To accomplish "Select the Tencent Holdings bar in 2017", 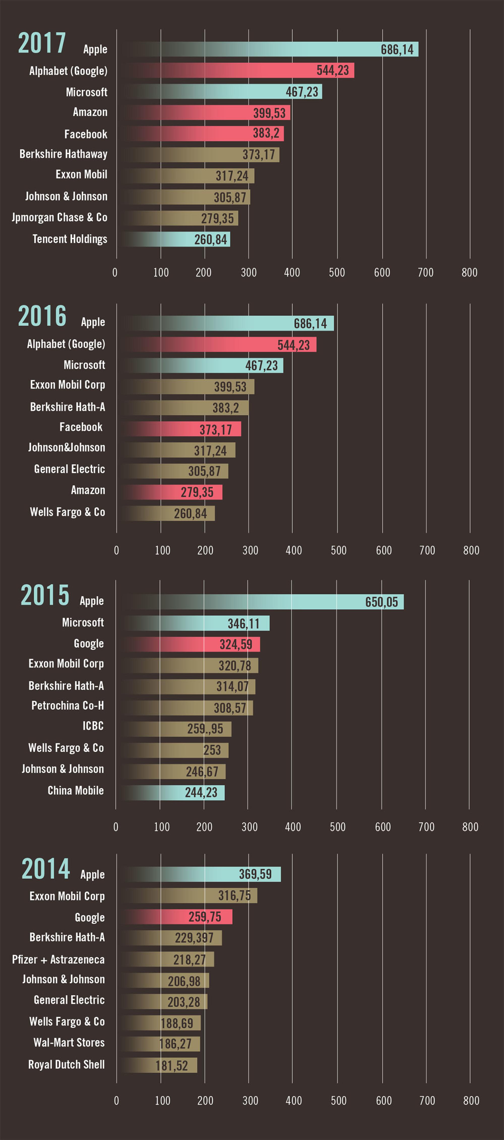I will click(x=177, y=240).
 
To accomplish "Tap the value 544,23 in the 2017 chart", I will click(x=333, y=70).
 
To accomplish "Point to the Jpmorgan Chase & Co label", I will click(x=60, y=217).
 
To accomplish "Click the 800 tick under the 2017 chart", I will click(x=469, y=273).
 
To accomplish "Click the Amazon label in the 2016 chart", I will click(x=88, y=490).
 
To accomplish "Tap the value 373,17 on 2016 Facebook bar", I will click(x=216, y=429).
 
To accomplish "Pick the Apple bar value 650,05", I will click(x=381, y=602).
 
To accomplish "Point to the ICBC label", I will click(x=93, y=726).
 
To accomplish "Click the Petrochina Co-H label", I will click(x=68, y=706).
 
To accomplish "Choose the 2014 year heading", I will click(x=46, y=868).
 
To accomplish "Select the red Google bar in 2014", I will click(x=177, y=917).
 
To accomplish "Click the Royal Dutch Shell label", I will click(x=67, y=1065).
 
